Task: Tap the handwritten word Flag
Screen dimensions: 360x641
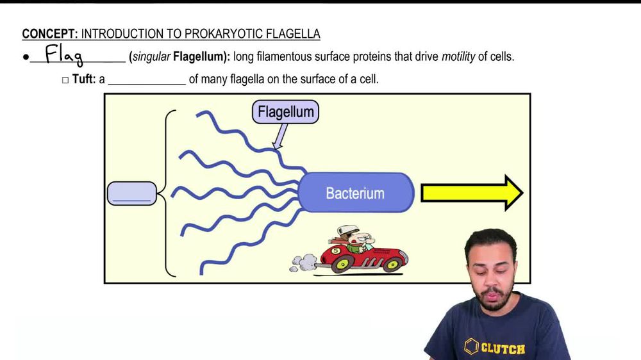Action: [x=65, y=56]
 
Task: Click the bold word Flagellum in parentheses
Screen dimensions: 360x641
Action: [x=200, y=56]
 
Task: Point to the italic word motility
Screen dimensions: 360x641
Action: [x=458, y=56]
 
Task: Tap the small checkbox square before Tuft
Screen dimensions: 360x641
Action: [x=65, y=80]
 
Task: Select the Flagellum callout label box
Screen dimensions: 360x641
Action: [x=285, y=112]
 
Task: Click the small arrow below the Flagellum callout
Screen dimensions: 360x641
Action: [x=279, y=136]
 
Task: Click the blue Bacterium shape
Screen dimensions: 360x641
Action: [x=355, y=192]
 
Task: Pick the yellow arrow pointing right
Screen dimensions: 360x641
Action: [x=471, y=193]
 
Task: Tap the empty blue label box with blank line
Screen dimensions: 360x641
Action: [x=131, y=193]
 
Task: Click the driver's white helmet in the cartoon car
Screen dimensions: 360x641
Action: [x=348, y=231]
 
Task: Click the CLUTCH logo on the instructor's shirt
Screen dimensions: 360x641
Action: [x=495, y=348]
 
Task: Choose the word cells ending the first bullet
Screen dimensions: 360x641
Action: [x=502, y=56]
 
